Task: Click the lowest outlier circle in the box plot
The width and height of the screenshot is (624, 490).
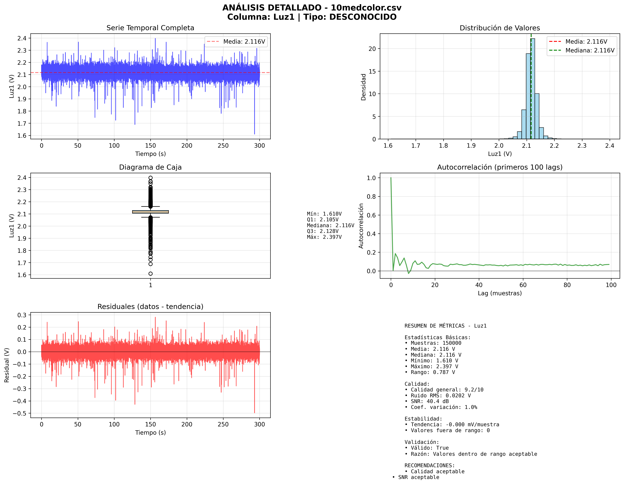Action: pyautogui.click(x=150, y=274)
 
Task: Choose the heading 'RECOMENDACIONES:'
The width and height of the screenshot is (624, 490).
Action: pyautogui.click(x=429, y=465)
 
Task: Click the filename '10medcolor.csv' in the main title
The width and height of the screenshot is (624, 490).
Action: pyautogui.click(x=366, y=8)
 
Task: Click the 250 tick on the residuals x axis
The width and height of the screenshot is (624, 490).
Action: pyautogui.click(x=223, y=424)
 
